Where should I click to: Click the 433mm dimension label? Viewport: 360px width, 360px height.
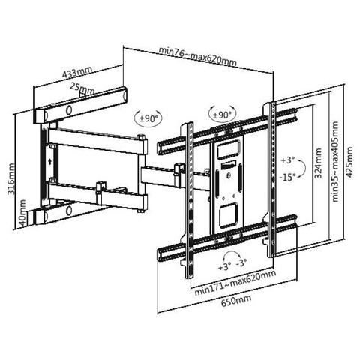coord(77,72)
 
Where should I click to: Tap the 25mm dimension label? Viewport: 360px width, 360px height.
coord(82,88)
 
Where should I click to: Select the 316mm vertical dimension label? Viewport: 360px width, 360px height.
coord(10,178)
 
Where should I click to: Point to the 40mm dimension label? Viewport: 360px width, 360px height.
coord(22,212)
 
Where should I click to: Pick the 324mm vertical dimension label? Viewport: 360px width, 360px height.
coord(318,163)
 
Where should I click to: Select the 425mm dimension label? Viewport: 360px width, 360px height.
coord(349,162)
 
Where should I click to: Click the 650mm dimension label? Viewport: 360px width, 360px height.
coord(236,300)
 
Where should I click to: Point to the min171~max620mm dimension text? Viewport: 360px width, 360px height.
coord(235,283)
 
